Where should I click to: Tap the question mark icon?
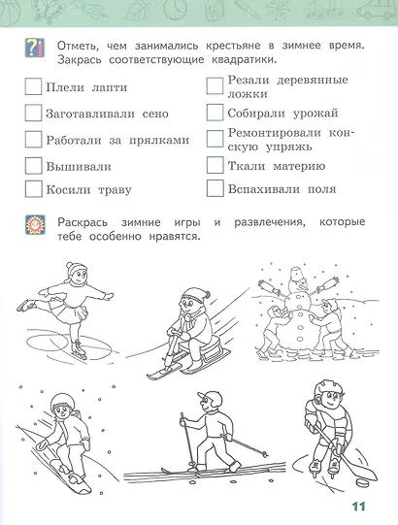click(x=35, y=48)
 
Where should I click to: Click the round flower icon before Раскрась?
click(x=35, y=226)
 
